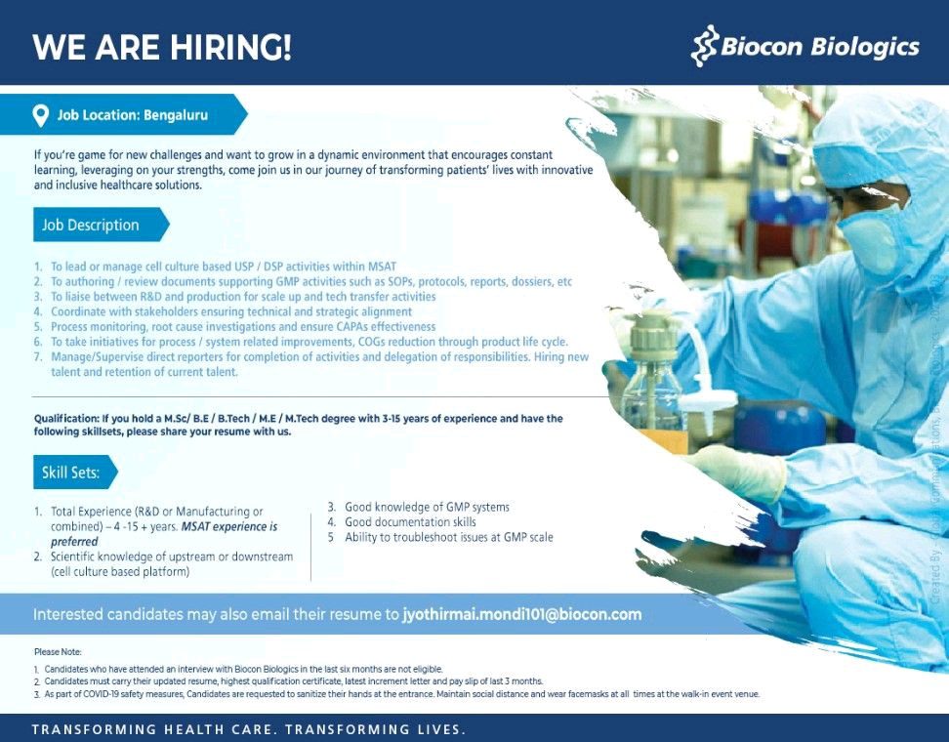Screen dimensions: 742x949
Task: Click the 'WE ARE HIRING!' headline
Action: pos(162,47)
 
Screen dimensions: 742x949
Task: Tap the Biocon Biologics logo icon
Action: pos(704,47)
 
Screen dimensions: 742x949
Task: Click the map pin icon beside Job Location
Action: pos(41,115)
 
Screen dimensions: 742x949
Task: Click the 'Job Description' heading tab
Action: pos(91,225)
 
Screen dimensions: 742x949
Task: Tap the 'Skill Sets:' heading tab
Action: pos(70,473)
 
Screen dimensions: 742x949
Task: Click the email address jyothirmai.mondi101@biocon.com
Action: pos(522,614)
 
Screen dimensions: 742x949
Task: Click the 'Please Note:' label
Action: pos(58,651)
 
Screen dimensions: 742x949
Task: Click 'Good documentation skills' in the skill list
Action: pos(410,522)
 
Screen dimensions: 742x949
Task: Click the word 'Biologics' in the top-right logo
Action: pos(869,46)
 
